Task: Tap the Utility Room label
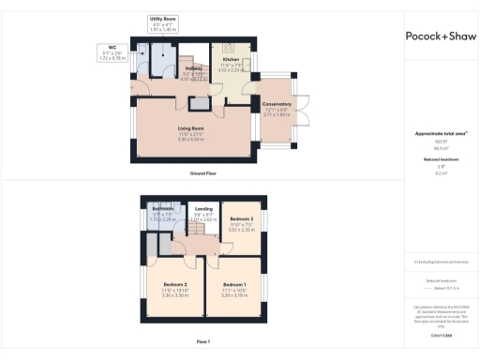[162, 18]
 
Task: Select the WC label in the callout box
[112, 47]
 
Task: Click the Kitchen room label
[231, 60]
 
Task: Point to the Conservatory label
[277, 104]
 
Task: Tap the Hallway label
[192, 68]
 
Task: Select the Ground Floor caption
[204, 173]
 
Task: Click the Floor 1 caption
[203, 340]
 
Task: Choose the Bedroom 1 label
[232, 284]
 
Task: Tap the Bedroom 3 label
[243, 218]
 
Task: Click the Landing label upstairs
[203, 210]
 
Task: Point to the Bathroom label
[162, 208]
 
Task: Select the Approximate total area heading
[440, 133]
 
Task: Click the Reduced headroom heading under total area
[440, 159]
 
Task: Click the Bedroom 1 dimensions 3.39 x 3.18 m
[232, 294]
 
